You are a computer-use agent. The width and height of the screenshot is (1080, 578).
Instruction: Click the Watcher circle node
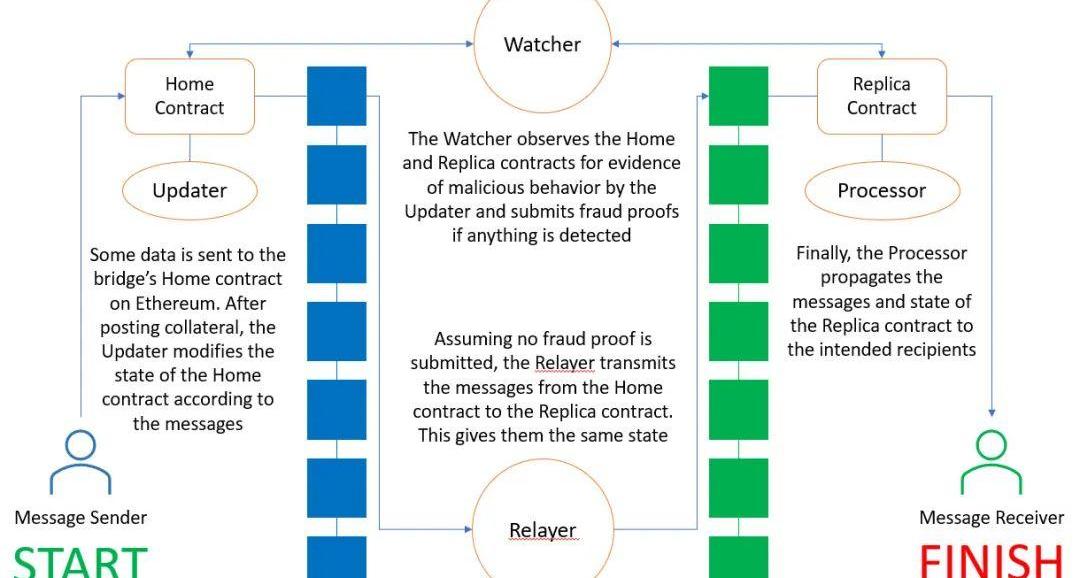pyautogui.click(x=542, y=43)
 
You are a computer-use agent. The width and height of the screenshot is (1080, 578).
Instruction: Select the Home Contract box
pyautogui.click(x=189, y=96)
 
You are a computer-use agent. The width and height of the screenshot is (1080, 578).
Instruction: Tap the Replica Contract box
pyautogui.click(x=881, y=96)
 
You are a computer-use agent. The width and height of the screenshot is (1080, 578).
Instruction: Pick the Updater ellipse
pyautogui.click(x=189, y=190)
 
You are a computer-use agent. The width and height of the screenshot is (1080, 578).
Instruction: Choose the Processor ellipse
pyautogui.click(x=881, y=190)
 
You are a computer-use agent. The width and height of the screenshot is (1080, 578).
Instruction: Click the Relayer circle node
pyautogui.click(x=542, y=527)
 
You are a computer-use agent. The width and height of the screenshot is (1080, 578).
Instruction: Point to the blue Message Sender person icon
pyautogui.click(x=80, y=463)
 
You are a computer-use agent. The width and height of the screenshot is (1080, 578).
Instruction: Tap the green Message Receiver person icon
pyautogui.click(x=991, y=463)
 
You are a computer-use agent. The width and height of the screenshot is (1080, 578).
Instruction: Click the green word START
pyautogui.click(x=80, y=560)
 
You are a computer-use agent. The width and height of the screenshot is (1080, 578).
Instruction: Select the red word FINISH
pyautogui.click(x=990, y=560)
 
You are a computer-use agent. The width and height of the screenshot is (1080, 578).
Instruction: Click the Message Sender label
pyautogui.click(x=80, y=517)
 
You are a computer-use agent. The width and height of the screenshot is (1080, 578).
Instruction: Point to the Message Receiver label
pyautogui.click(x=991, y=517)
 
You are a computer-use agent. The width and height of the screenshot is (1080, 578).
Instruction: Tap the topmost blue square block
pyautogui.click(x=336, y=96)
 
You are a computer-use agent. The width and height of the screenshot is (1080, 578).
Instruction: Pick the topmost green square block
pyautogui.click(x=738, y=96)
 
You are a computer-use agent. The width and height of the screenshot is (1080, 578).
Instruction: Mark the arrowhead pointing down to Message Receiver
pyautogui.click(x=991, y=410)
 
